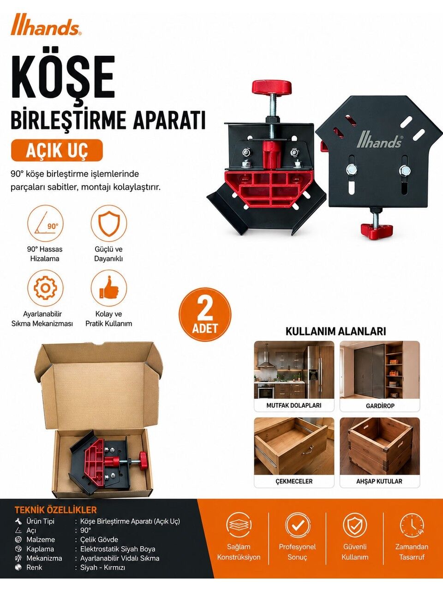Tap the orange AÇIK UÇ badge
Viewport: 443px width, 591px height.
click(x=57, y=150)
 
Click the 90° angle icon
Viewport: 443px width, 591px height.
click(x=46, y=223)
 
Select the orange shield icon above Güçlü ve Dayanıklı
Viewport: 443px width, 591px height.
click(x=108, y=223)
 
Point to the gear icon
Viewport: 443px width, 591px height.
click(x=46, y=288)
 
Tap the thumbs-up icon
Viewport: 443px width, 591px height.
click(x=108, y=288)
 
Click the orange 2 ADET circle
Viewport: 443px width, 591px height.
click(x=205, y=314)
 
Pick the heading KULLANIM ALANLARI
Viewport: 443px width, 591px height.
click(x=335, y=332)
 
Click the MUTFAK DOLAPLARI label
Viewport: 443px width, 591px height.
click(x=294, y=405)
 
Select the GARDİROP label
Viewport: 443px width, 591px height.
click(x=380, y=406)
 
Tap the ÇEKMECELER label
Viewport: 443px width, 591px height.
click(x=294, y=482)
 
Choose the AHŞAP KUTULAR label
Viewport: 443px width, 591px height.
click(x=379, y=482)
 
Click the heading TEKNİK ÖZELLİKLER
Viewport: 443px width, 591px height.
click(x=56, y=510)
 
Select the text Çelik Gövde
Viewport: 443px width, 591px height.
click(x=99, y=540)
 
